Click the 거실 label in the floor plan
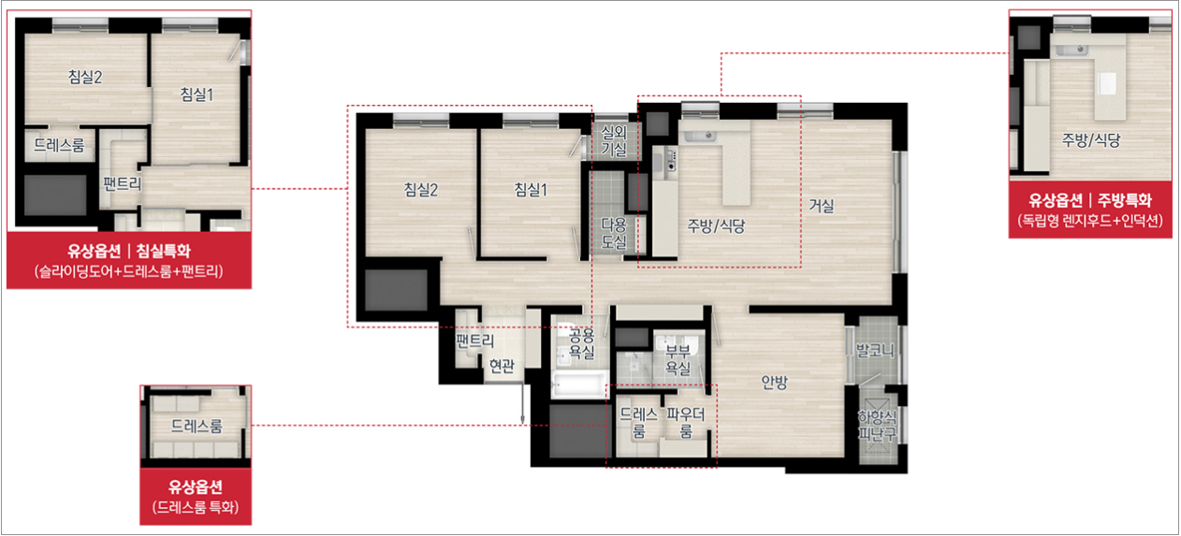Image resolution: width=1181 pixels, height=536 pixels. (x=822, y=206)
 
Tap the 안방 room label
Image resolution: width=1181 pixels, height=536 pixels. (x=774, y=382)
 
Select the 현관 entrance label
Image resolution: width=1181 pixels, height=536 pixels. (x=502, y=365)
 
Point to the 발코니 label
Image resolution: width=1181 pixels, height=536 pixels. (x=875, y=351)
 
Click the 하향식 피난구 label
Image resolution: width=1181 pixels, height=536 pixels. (x=877, y=426)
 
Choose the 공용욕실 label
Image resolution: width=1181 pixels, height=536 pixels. (x=581, y=343)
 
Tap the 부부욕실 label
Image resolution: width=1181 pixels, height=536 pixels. (x=678, y=359)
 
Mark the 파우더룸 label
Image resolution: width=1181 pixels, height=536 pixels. (x=685, y=423)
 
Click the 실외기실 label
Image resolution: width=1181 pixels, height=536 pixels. (x=614, y=141)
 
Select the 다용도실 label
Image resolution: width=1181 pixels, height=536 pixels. (x=614, y=234)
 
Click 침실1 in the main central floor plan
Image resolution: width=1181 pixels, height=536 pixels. (x=531, y=190)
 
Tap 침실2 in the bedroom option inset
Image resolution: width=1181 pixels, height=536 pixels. (x=85, y=77)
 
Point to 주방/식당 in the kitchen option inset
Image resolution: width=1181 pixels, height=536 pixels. (x=1091, y=139)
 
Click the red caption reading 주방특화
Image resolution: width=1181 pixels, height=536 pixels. (x=1125, y=200)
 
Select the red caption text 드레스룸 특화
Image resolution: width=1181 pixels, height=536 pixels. (x=195, y=507)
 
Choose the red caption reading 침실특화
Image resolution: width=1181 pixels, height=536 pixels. (x=164, y=251)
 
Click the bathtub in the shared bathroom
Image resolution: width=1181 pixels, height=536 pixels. (x=578, y=385)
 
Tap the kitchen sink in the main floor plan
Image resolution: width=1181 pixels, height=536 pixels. (x=700, y=137)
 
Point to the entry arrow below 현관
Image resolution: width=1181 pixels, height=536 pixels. (x=522, y=403)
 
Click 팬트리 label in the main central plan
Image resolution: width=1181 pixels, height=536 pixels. (x=475, y=341)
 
